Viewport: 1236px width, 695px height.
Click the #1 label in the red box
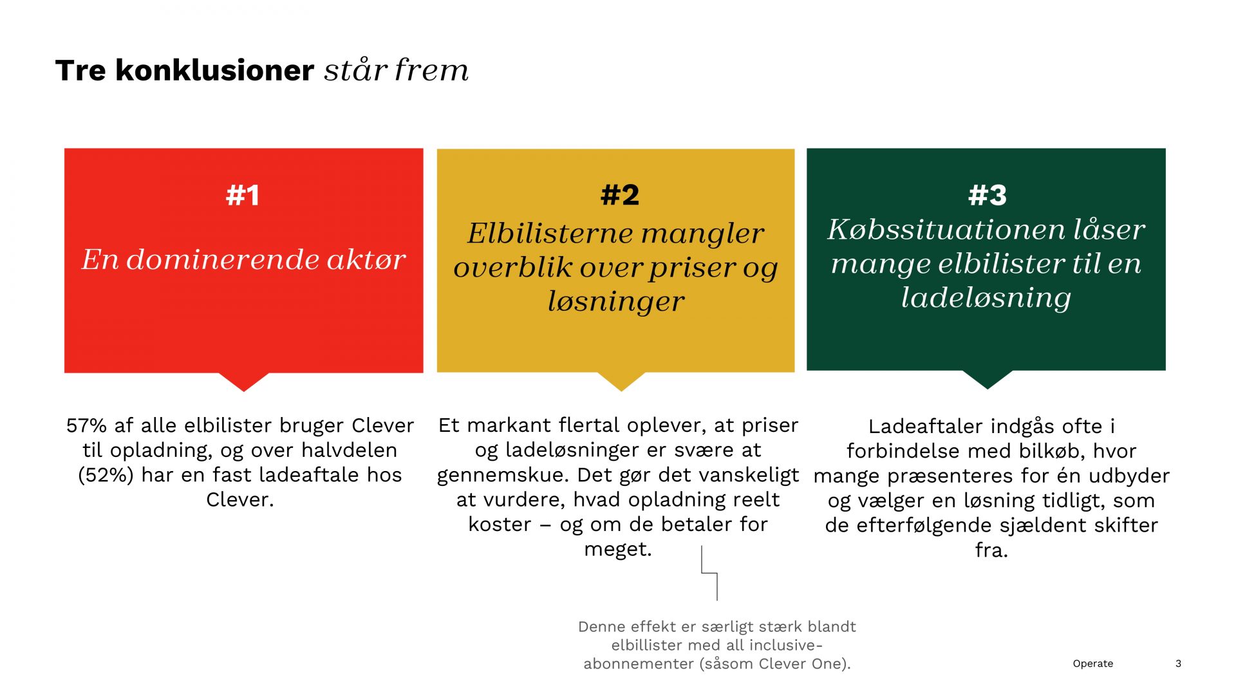coord(243,195)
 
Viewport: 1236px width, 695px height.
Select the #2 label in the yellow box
coord(620,195)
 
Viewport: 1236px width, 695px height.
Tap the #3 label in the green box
coord(987,195)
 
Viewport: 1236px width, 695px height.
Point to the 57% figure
coord(86,425)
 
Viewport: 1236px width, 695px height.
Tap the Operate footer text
coord(1092,663)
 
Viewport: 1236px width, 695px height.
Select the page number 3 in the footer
coord(1178,663)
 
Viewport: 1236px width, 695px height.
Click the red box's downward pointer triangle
coord(244,382)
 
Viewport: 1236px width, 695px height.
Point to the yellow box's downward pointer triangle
coord(621,382)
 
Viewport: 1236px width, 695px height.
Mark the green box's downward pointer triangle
coord(988,380)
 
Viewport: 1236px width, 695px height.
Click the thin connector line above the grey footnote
coord(709,573)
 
